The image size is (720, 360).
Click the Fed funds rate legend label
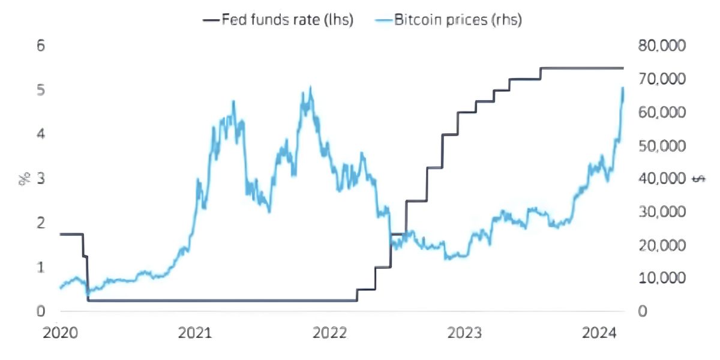point(287,20)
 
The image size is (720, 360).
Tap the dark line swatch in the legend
point(211,20)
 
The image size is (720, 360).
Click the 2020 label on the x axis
point(60,332)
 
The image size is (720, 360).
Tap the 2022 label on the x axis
point(330,332)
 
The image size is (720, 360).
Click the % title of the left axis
point(25,178)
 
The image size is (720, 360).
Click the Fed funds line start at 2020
point(61,234)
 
